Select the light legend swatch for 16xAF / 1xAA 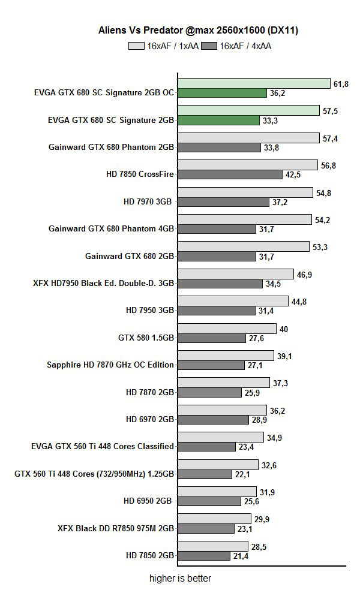tap(136, 45)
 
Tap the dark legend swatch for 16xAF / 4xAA tap(209, 45)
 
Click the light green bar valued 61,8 tap(254, 83)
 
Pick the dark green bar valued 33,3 tap(218, 120)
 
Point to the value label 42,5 tap(293, 174)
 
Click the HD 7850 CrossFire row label tap(139, 174)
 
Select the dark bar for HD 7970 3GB tap(223, 202)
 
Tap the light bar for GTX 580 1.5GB tap(227, 329)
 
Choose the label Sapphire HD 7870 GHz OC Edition tap(110, 365)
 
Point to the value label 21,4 tap(242, 556)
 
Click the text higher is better tap(180, 579)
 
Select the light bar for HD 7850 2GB tap(212, 546)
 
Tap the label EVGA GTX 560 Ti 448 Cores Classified tap(103, 446)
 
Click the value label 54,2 tap(322, 219)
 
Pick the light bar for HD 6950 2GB tap(217, 492)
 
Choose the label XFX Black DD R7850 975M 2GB tap(116, 528)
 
